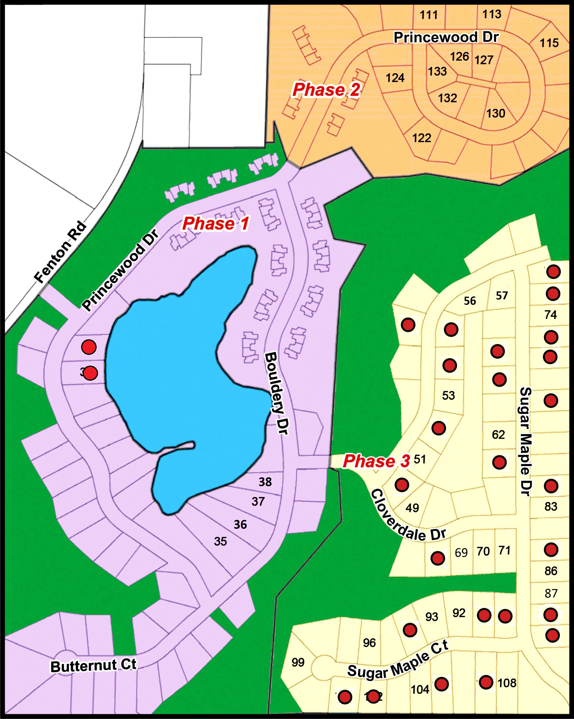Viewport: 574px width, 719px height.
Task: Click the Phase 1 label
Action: click(x=215, y=224)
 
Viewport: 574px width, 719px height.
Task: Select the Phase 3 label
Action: click(x=376, y=462)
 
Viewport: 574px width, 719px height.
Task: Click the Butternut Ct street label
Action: click(x=93, y=666)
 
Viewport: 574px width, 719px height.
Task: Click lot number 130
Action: click(x=496, y=113)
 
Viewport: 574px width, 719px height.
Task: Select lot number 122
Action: click(x=422, y=138)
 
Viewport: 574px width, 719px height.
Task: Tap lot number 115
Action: click(x=549, y=43)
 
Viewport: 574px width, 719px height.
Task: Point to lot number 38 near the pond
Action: click(x=265, y=482)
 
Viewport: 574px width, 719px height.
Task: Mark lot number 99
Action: click(x=298, y=662)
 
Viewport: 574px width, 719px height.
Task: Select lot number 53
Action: click(x=448, y=396)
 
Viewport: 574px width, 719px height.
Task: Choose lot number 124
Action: click(x=395, y=78)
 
